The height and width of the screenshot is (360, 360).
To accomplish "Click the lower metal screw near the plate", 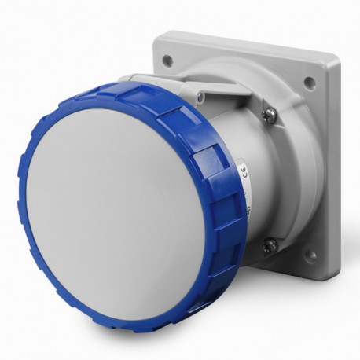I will [270, 245].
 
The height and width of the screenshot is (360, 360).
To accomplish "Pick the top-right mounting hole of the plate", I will [309, 81].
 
